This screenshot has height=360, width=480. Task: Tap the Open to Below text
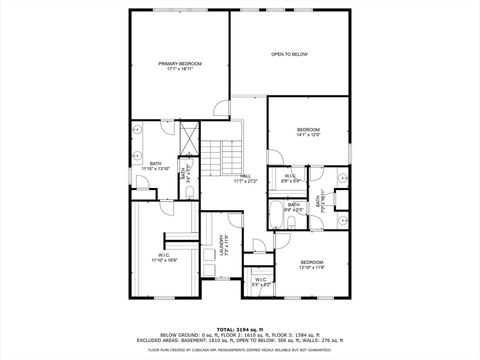point(289,54)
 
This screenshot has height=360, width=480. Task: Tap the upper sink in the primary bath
point(139,131)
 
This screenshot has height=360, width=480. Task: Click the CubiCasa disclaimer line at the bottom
point(239,350)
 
